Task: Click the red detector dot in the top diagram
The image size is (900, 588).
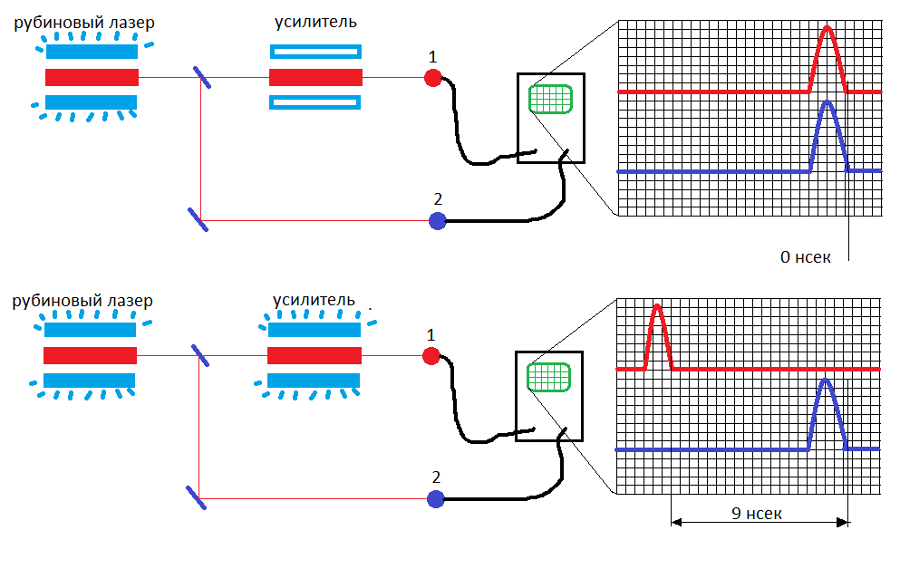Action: point(433,77)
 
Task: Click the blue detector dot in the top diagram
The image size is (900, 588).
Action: point(438,221)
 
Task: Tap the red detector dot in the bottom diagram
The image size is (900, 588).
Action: point(431,356)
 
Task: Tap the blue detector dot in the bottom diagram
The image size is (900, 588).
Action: point(436,499)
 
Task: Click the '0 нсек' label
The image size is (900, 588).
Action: point(806,257)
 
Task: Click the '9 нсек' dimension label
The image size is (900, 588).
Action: point(757,514)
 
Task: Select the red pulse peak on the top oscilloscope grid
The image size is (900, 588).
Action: point(827,27)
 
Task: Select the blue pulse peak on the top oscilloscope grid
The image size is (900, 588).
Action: point(827,101)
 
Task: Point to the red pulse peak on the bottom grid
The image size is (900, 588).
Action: point(658,305)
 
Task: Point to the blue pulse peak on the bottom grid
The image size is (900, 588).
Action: point(826,380)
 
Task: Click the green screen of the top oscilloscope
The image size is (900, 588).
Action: point(550,99)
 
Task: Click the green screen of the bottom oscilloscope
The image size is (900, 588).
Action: point(548,377)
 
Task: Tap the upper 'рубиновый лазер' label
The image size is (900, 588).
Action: point(84,23)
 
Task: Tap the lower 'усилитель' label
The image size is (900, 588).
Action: point(314,300)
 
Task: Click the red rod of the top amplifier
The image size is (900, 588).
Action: point(315,77)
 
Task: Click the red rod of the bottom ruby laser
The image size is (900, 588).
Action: point(90,356)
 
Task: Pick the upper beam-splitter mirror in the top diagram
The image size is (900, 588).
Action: point(202,77)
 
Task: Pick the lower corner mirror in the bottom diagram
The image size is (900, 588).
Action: point(197,498)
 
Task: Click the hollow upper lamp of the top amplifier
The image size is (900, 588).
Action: point(315,52)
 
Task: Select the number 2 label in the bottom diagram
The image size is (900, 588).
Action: point(436,477)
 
